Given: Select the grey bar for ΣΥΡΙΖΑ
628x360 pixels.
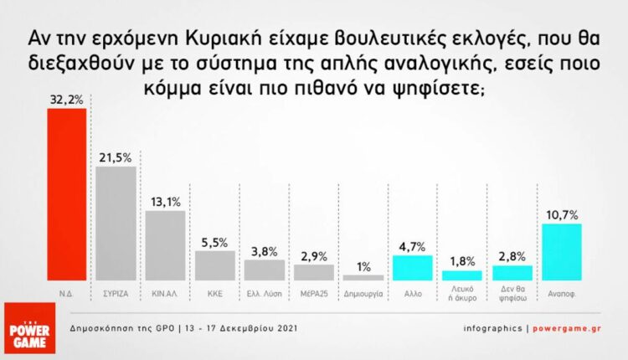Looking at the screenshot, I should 116,224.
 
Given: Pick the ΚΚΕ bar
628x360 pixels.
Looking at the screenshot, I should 215,265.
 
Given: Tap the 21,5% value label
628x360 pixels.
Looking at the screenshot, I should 116,157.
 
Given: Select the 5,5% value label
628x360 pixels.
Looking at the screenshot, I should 215,242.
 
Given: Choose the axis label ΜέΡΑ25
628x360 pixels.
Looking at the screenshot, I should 314,295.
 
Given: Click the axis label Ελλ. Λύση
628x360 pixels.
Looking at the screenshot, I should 265,295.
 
